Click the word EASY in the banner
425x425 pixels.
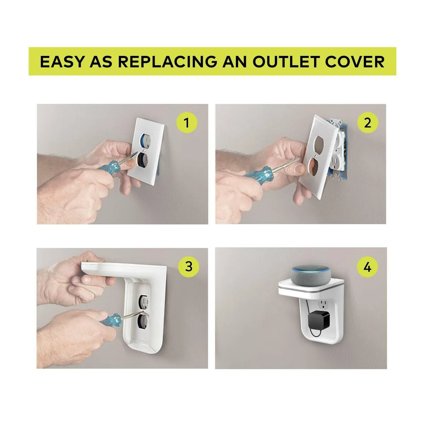(x=62, y=62)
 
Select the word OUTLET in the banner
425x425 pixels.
(x=286, y=62)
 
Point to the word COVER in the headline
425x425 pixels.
(x=355, y=62)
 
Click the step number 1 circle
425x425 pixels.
(x=187, y=123)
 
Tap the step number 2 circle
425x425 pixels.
(x=367, y=123)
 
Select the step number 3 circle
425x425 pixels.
(x=188, y=266)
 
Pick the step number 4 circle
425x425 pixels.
(x=367, y=267)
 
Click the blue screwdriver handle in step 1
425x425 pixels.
(x=109, y=168)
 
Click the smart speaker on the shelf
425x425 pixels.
(x=311, y=276)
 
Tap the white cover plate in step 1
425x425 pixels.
(x=146, y=151)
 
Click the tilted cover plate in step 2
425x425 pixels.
(x=318, y=157)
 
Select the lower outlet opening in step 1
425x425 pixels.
(x=142, y=159)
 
